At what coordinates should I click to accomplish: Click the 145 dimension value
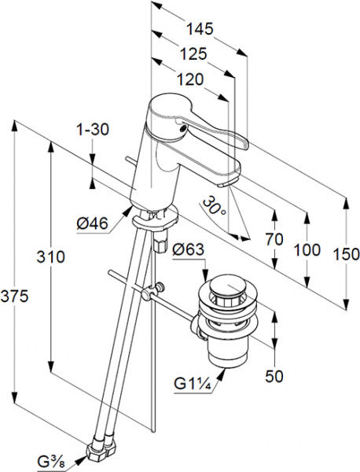200,29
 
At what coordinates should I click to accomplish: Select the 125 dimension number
193,54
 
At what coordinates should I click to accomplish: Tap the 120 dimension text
190,79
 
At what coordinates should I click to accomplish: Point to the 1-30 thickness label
92,130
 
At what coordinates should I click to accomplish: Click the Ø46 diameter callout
92,223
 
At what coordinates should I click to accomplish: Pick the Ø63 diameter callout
189,249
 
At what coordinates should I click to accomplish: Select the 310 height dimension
50,256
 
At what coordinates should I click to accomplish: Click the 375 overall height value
14,296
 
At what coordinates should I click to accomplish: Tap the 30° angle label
214,207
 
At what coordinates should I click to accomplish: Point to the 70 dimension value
274,239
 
